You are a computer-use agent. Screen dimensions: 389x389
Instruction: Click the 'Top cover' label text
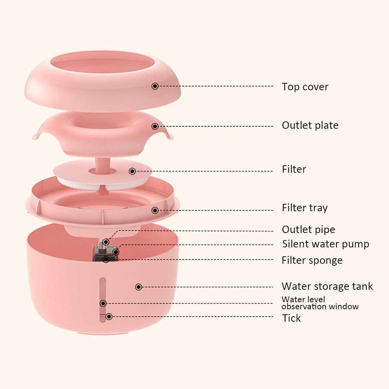(x=305, y=87)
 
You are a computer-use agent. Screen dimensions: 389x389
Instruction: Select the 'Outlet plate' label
(x=310, y=125)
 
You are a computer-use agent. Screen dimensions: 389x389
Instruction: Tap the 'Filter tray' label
(x=305, y=208)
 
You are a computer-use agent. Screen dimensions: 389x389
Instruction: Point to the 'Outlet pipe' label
(x=308, y=230)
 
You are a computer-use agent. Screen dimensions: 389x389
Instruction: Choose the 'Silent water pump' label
(x=326, y=244)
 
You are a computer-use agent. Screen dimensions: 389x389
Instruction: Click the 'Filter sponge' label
(x=312, y=261)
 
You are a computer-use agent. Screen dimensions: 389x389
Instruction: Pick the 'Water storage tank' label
(x=327, y=286)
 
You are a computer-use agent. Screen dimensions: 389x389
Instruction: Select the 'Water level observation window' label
(x=320, y=303)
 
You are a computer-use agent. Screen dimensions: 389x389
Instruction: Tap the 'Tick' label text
(x=291, y=318)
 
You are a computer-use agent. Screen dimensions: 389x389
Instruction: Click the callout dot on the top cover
(x=155, y=86)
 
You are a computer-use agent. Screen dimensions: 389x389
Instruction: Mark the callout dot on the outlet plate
(x=155, y=126)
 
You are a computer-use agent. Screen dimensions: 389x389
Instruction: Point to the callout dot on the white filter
(x=132, y=171)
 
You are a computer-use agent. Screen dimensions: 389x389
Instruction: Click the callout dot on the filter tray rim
(x=155, y=210)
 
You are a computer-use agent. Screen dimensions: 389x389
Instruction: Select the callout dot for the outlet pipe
(x=106, y=242)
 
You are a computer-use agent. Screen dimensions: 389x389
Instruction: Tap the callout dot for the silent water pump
(x=116, y=252)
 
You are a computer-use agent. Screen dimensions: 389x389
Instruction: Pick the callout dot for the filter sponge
(x=106, y=259)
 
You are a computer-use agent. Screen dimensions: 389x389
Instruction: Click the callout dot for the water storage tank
(x=139, y=287)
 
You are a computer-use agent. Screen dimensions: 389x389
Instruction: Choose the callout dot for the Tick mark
(x=109, y=317)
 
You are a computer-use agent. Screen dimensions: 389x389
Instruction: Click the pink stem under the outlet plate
(x=102, y=165)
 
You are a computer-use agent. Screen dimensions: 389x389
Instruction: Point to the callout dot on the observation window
(x=103, y=303)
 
